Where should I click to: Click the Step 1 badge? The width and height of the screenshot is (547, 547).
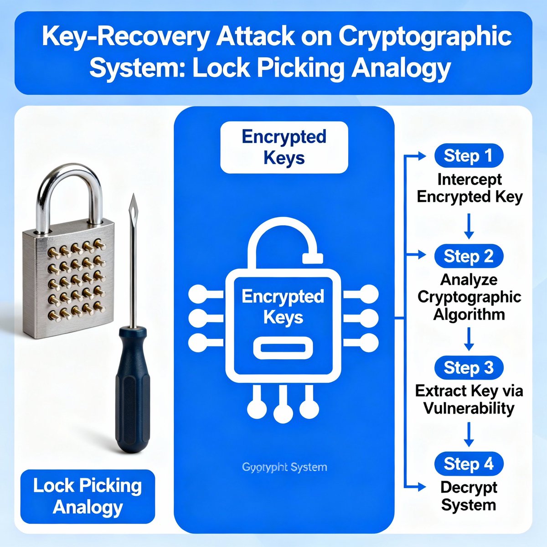pos(469,156)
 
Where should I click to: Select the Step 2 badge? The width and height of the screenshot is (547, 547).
pos(469,256)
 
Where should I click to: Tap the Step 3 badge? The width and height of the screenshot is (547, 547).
pos(469,367)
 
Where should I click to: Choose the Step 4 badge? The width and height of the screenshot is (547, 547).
pos(469,464)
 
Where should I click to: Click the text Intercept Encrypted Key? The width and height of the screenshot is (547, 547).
pos(469,188)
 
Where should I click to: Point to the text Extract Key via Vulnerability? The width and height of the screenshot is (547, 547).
pos(469,399)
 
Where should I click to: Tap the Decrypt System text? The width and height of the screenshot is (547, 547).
pos(469,496)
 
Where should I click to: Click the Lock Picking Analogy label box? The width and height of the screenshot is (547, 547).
pos(88,496)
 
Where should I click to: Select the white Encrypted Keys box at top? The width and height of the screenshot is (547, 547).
pos(284,147)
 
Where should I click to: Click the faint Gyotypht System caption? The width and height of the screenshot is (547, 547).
pos(284,467)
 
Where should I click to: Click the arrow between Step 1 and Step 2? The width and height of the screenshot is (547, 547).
pos(469,227)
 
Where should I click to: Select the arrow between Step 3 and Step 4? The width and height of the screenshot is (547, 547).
pos(469,434)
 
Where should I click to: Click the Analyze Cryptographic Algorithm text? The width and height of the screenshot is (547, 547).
pos(469,297)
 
